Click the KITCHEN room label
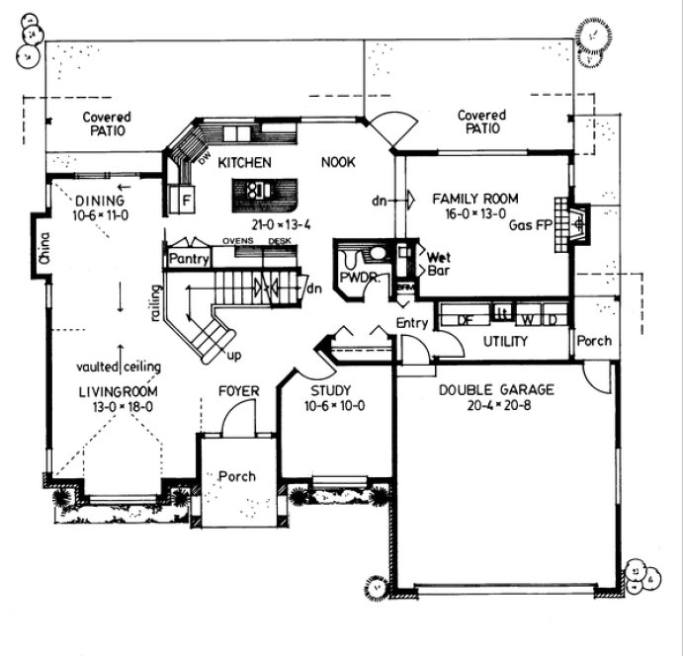click(x=245, y=162)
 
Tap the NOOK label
click(x=339, y=162)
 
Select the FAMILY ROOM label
click(x=475, y=199)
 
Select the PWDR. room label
click(x=359, y=278)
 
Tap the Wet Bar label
click(x=438, y=263)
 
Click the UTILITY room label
click(x=504, y=341)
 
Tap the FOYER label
click(x=238, y=391)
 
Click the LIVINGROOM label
click(x=118, y=391)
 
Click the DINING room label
click(x=100, y=201)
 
